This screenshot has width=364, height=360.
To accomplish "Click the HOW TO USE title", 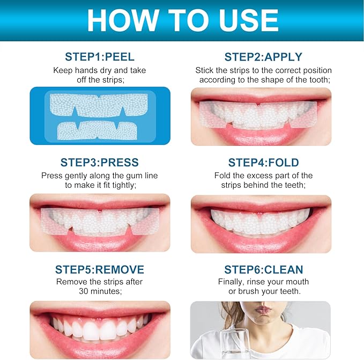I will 182,20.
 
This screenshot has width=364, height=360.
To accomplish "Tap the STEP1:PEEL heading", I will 100,57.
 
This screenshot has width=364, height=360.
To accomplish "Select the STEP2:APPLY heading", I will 263,57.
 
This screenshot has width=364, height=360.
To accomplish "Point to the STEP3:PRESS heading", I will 100,163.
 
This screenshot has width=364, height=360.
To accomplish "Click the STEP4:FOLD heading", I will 263,163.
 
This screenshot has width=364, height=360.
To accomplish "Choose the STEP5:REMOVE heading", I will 100,269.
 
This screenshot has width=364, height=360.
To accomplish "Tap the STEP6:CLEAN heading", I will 263,269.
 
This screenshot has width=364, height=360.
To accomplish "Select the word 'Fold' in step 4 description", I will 222,175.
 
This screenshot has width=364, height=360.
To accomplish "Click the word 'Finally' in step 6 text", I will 232,282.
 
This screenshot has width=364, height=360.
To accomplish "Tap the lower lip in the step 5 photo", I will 100,346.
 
